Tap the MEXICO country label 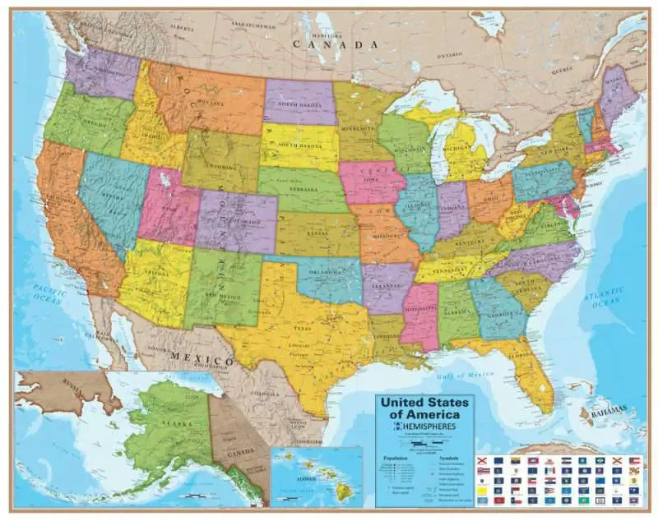tap(202, 359)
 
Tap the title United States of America tap(423, 408)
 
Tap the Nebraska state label tap(305, 188)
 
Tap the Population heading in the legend tap(391, 458)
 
